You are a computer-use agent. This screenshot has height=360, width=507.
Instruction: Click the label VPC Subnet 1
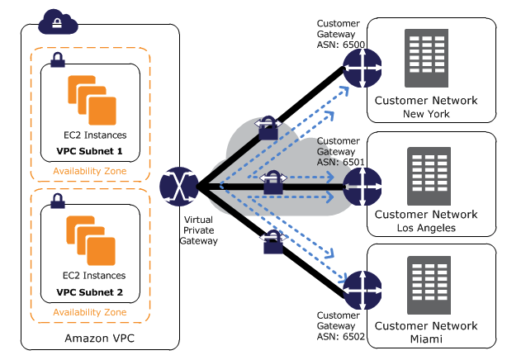(89, 152)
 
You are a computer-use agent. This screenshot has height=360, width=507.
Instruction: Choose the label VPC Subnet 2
(89, 291)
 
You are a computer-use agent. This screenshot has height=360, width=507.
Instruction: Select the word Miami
(425, 339)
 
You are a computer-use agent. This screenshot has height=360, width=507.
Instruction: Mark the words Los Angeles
(425, 227)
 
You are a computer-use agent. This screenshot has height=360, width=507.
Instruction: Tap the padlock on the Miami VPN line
(270, 243)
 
